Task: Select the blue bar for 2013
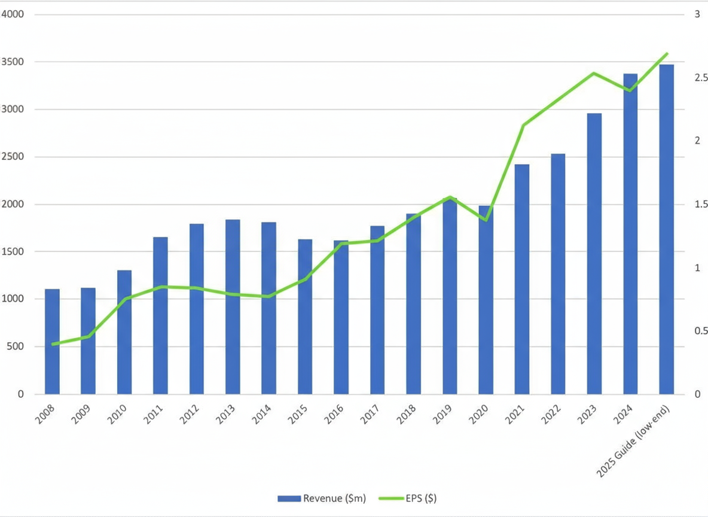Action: click(233, 307)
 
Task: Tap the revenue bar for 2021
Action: click(521, 279)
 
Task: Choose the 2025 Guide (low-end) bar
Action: click(666, 229)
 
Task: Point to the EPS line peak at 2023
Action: click(593, 74)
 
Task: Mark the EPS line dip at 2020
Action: click(486, 220)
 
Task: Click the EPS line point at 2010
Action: click(124, 299)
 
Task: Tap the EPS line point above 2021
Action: click(522, 126)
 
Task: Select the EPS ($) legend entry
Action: click(413, 498)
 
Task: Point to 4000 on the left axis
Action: click(13, 14)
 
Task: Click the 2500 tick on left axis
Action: click(13, 157)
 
